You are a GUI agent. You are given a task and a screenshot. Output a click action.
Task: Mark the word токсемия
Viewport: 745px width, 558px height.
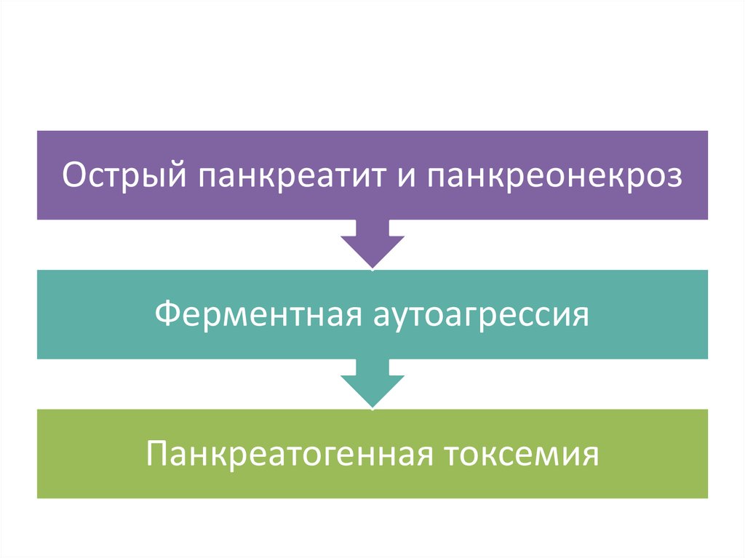tap(524, 455)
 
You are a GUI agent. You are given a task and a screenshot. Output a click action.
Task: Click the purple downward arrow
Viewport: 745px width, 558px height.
tap(372, 243)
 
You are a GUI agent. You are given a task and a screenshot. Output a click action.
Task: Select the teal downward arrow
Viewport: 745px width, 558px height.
tap(372, 383)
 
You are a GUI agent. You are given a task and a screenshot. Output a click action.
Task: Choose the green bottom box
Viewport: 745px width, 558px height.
tap(372, 484)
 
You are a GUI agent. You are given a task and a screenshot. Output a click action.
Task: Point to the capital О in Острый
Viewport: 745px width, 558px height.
tap(73, 176)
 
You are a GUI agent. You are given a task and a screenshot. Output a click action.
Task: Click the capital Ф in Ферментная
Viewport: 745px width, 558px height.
tap(167, 315)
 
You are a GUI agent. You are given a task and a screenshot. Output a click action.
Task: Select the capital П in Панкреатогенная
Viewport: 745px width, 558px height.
tap(156, 455)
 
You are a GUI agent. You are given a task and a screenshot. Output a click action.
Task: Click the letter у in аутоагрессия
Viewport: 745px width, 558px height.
tap(392, 319)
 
